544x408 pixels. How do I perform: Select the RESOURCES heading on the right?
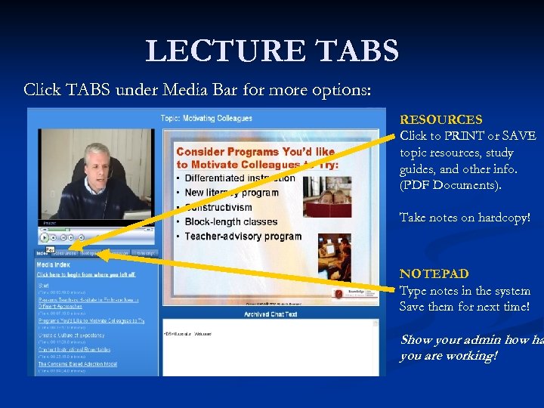440,119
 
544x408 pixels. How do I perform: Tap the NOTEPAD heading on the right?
434,274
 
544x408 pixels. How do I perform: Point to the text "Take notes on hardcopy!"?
465,218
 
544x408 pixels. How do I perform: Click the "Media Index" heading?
54,265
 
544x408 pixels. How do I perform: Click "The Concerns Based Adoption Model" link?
77,363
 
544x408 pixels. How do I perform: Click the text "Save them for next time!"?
464,306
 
